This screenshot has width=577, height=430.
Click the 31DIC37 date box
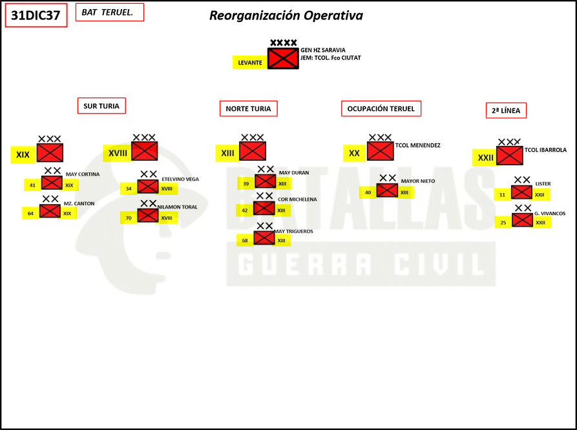pyautogui.click(x=36, y=15)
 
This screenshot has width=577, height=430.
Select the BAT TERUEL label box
pyautogui.click(x=110, y=12)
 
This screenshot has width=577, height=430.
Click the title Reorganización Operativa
pyautogui.click(x=286, y=15)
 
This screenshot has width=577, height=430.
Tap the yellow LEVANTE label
pyautogui.click(x=250, y=63)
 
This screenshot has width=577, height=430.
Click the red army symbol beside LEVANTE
pyautogui.click(x=283, y=58)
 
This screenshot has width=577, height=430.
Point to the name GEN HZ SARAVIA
pyautogui.click(x=322, y=50)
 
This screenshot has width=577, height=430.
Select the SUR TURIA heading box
pyautogui.click(x=101, y=106)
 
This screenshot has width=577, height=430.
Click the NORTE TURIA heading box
pyautogui.click(x=248, y=108)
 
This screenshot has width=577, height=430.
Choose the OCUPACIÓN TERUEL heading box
pyautogui.click(x=381, y=108)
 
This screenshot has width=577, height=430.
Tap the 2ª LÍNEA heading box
pyautogui.click(x=506, y=110)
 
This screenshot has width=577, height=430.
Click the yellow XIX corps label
pyautogui.click(x=23, y=154)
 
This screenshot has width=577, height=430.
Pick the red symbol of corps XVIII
pyautogui.click(x=145, y=151)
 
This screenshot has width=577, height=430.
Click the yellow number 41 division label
pyautogui.click(x=32, y=185)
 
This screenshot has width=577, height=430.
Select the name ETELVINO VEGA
pyautogui.click(x=180, y=179)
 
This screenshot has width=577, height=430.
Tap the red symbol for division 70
pyautogui.click(x=148, y=216)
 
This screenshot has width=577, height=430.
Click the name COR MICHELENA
pyautogui.click(x=297, y=200)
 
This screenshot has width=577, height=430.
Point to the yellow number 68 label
pyautogui.click(x=245, y=241)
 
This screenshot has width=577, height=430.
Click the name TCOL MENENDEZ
pyautogui.click(x=417, y=145)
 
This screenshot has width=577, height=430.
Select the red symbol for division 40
pyautogui.click(x=387, y=190)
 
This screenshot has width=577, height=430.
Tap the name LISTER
pyautogui.click(x=543, y=183)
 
